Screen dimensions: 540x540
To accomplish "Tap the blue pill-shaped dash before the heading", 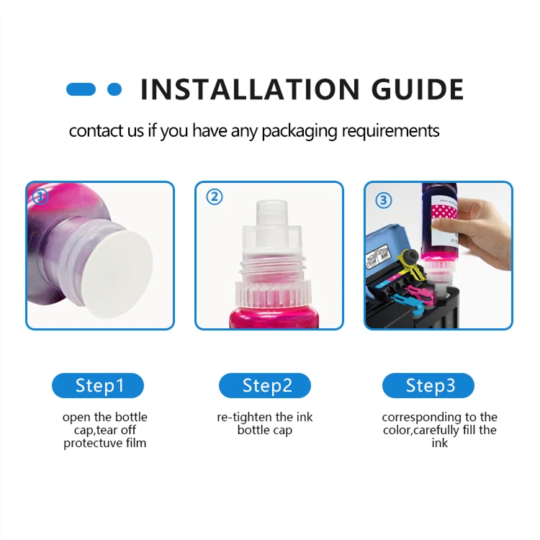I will click(x=81, y=89).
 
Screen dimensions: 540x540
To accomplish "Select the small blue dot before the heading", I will click(x=114, y=89).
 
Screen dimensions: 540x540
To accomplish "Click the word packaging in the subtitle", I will click(x=300, y=131).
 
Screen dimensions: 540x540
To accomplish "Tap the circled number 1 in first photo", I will click(x=40, y=196).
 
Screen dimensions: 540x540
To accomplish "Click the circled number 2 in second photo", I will click(x=215, y=197).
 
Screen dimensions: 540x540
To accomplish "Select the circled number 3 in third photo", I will click(x=384, y=199).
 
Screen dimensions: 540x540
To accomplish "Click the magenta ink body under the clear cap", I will click(x=269, y=313).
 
